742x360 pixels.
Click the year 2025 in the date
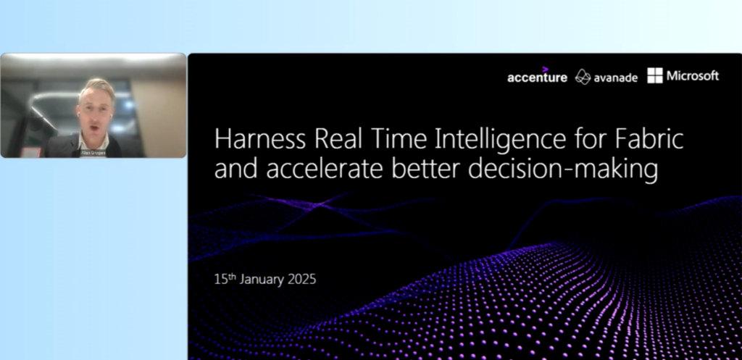(301, 279)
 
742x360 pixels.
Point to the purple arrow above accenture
(545, 69)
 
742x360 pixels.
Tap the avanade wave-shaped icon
(583, 77)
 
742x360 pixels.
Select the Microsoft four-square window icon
(654, 75)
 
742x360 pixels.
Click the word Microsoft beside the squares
(693, 75)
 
